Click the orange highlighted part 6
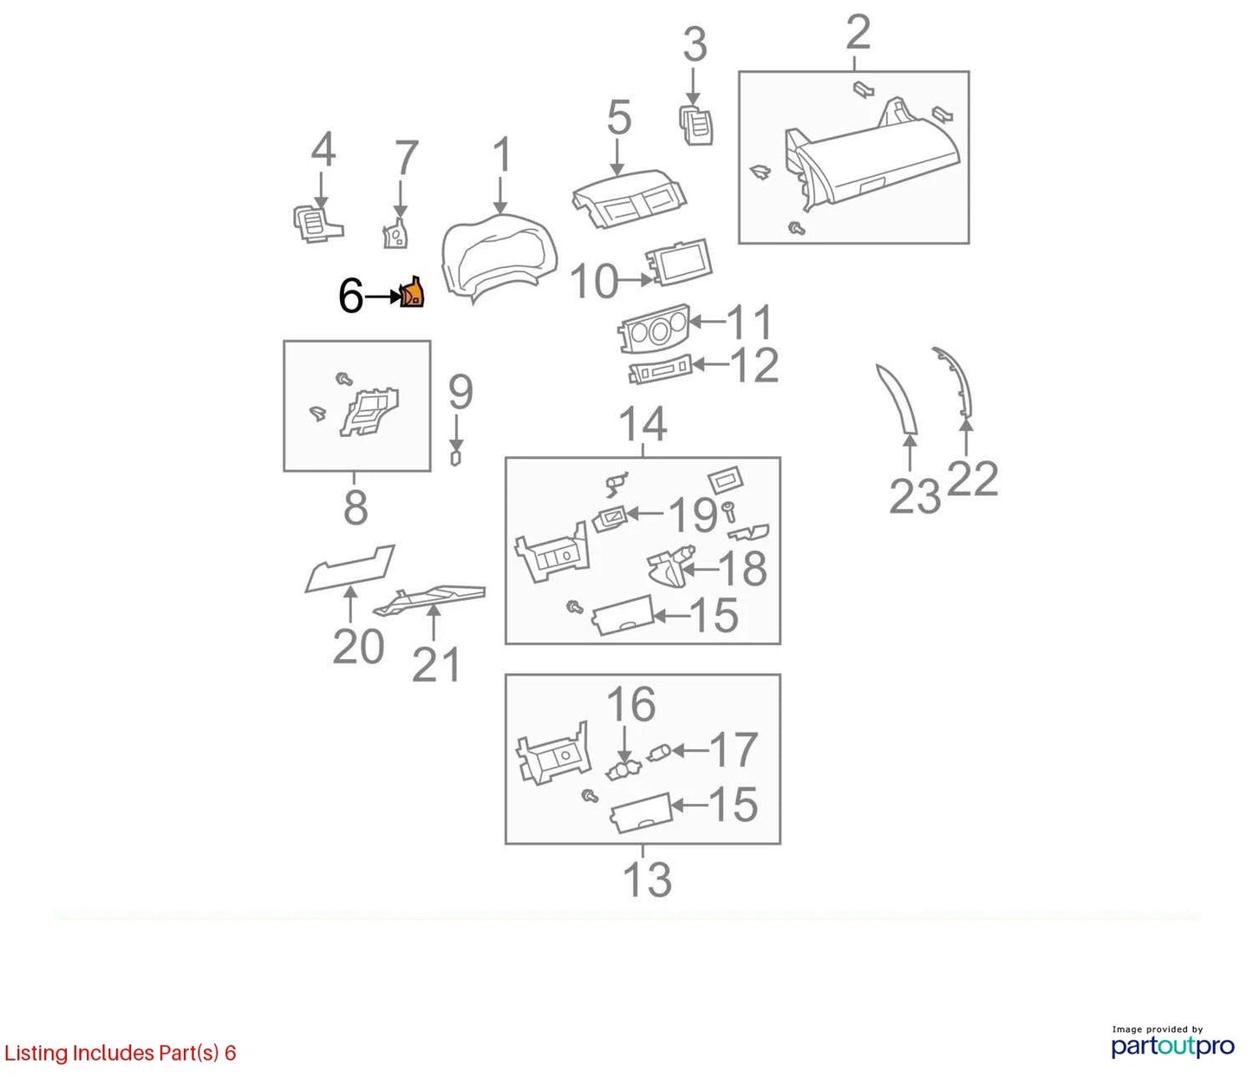(412, 293)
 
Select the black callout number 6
(350, 297)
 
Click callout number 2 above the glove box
(858, 32)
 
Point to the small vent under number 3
(695, 126)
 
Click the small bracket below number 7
(395, 233)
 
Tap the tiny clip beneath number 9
(455, 458)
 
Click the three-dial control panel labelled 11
(654, 328)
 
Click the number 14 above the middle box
(643, 424)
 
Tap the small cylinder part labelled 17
(658, 754)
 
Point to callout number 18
(742, 569)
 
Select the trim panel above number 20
(349, 568)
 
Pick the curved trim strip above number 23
(897, 400)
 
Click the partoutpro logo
(1173, 1046)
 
